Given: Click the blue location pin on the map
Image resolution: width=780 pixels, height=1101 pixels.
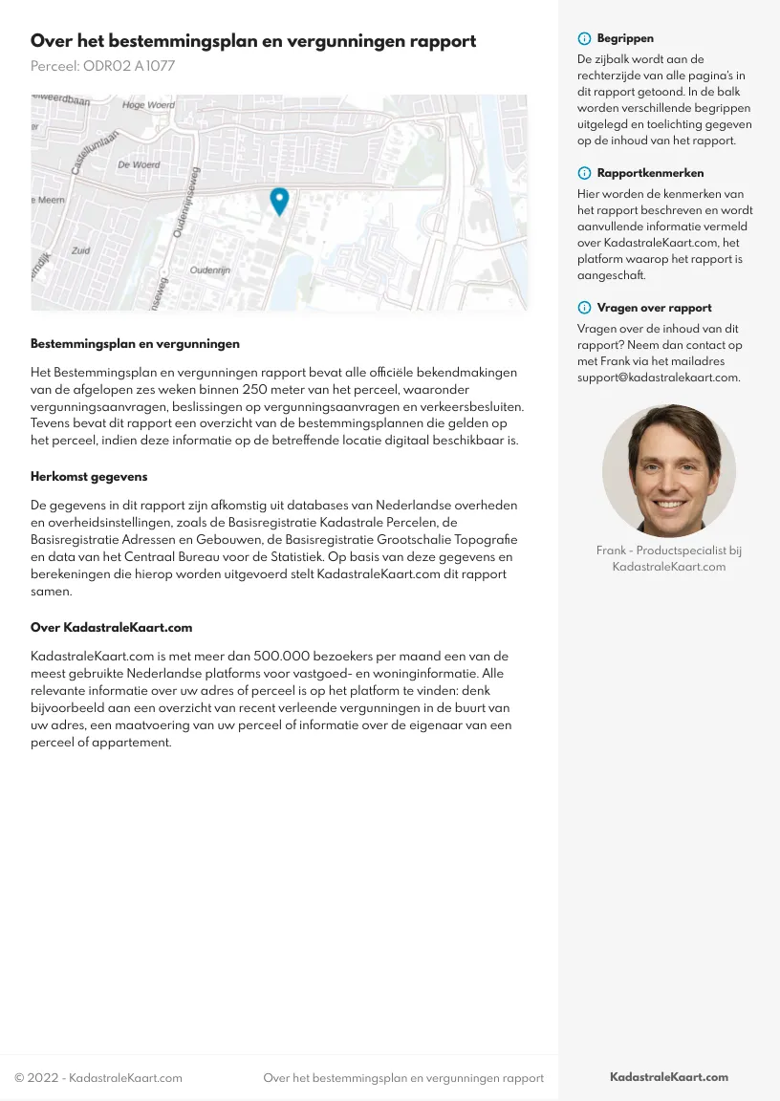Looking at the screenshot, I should click(x=279, y=200).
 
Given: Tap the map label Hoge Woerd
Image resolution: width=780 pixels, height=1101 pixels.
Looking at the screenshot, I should click(x=148, y=105).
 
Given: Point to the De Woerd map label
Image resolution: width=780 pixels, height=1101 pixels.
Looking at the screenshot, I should click(x=139, y=164).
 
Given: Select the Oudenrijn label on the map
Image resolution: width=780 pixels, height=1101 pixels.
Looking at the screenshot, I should click(x=210, y=270).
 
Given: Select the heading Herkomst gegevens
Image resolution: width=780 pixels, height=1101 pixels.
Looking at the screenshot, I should click(x=89, y=476).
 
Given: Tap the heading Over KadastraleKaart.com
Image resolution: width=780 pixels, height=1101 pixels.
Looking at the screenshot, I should click(x=112, y=628).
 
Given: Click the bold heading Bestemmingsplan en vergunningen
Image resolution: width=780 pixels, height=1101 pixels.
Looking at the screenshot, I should click(x=135, y=343).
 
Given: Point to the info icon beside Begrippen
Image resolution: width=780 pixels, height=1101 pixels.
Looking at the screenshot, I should click(x=584, y=39).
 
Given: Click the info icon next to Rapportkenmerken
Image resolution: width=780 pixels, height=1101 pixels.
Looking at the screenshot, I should click(x=584, y=173).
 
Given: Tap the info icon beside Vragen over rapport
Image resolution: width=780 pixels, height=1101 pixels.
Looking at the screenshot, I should click(x=584, y=308).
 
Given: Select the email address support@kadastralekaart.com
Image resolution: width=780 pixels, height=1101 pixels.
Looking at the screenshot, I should click(x=659, y=378).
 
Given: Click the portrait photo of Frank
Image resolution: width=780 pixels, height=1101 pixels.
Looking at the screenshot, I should click(x=669, y=470).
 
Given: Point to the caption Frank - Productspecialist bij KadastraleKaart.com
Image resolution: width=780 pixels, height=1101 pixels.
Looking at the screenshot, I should click(x=669, y=558).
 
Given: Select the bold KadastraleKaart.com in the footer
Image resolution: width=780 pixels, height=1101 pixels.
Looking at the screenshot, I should click(x=669, y=1077).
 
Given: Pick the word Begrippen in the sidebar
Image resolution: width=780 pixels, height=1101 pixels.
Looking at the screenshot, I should click(x=625, y=39).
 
